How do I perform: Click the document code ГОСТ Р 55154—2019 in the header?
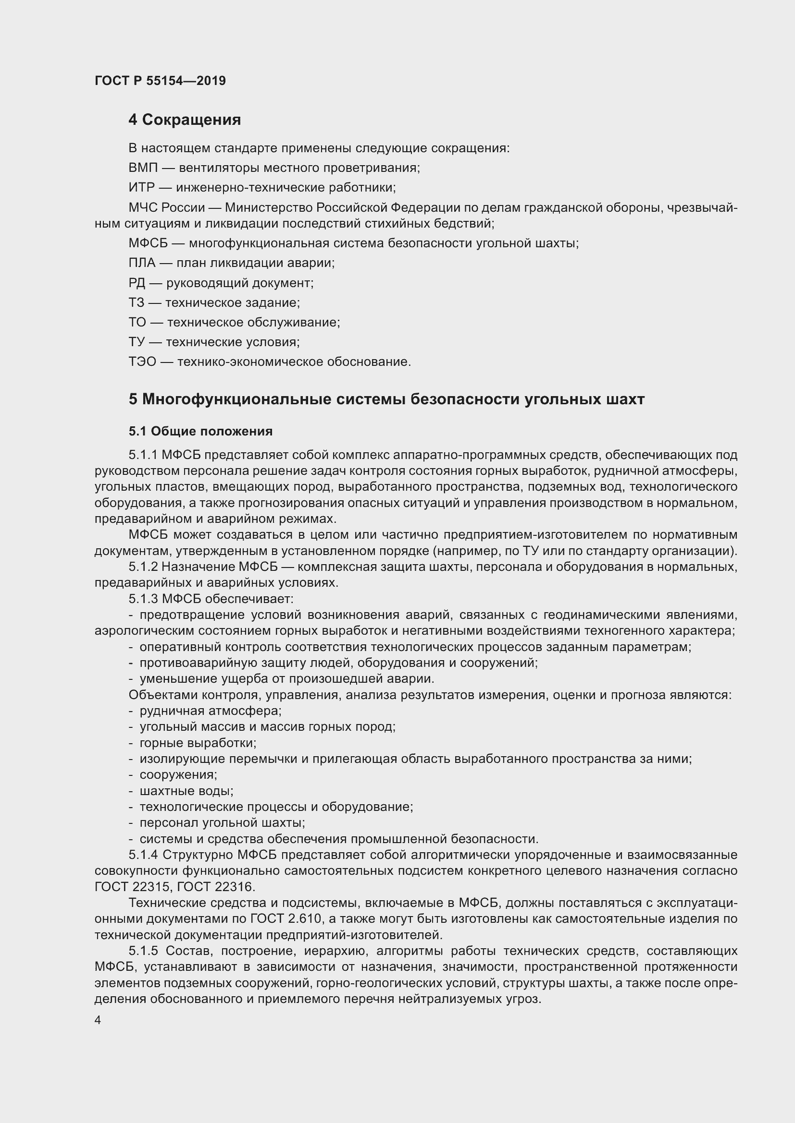pos(160,81)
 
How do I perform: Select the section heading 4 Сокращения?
pos(185,120)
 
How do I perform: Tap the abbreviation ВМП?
pos(143,168)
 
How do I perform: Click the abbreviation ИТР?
pos(141,188)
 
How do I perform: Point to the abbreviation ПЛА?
pos(142,263)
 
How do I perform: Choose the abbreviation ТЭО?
pos(142,362)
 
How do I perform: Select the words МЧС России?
pos(166,207)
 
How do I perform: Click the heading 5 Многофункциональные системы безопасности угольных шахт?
pos(386,399)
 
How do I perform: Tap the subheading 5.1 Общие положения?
pos(201,432)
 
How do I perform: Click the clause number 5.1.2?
pos(143,567)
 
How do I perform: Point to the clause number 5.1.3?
pos(143,599)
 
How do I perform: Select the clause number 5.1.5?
pos(143,951)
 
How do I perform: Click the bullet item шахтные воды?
pos(186,791)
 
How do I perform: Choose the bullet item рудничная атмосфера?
pos(211,711)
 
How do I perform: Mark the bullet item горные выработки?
pos(198,743)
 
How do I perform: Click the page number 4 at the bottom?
pos(98,1020)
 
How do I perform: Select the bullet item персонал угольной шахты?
pos(222,823)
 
